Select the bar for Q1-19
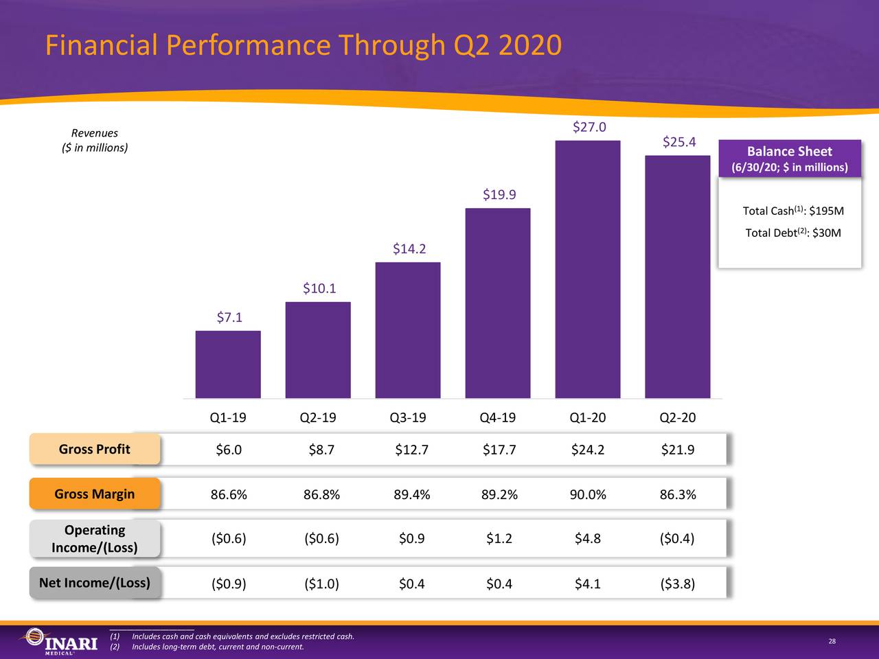tap(228, 365)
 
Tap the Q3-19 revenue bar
tap(408, 330)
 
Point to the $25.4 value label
tap(679, 142)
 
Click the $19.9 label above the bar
tap(499, 195)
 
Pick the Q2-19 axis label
tap(318, 417)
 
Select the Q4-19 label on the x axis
tap(498, 417)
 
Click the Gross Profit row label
tap(95, 450)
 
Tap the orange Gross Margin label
tap(95, 494)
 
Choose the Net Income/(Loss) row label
tap(95, 583)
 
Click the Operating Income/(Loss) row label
tap(95, 539)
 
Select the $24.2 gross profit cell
tap(588, 450)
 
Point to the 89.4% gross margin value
tap(412, 494)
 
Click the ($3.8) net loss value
tap(677, 584)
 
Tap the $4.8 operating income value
tap(588, 539)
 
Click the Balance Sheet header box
tap(789, 159)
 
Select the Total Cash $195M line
tap(792, 211)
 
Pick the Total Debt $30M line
tap(792, 233)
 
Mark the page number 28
tap(832, 641)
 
